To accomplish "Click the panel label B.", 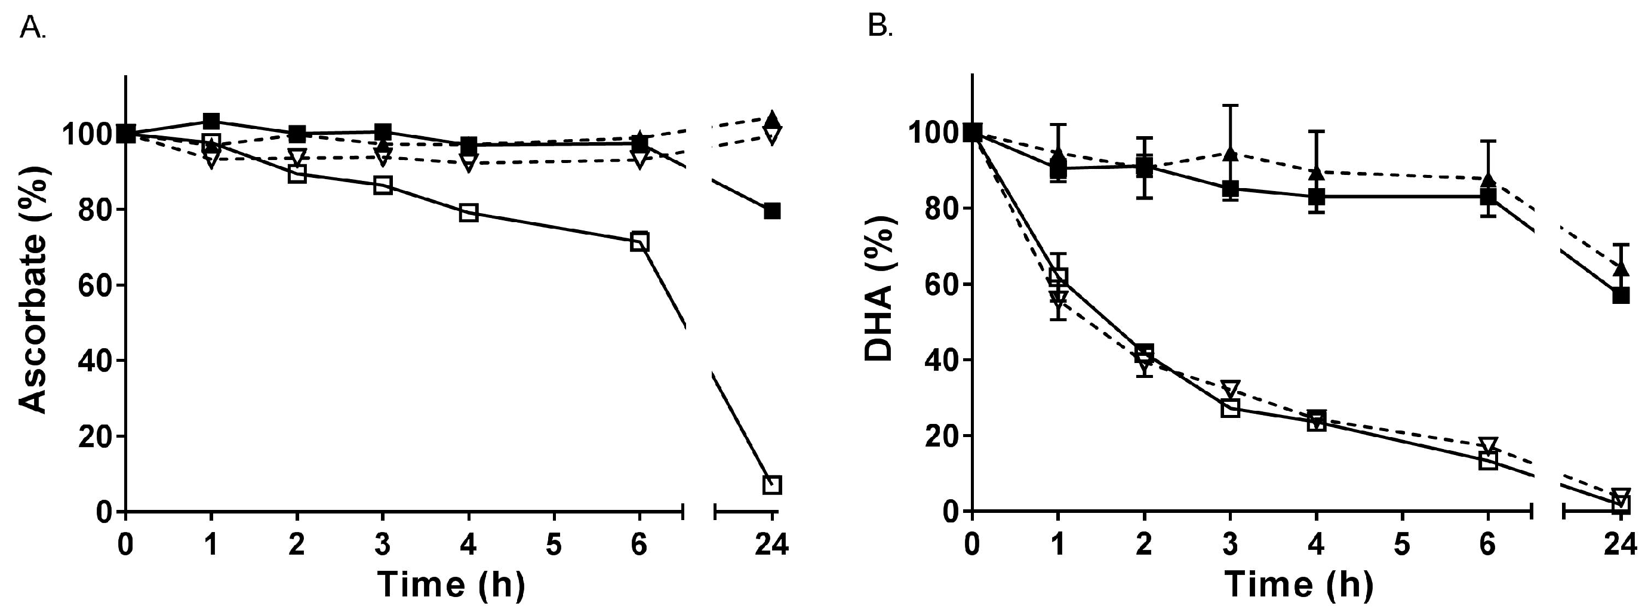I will point(880,27).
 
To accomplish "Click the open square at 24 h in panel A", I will point(772,485).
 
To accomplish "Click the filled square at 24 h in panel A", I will point(772,211).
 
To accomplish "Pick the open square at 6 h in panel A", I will point(639,242).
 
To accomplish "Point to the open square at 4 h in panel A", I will point(468,213).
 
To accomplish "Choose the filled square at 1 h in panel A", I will point(211,121).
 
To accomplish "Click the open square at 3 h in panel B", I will point(1229,408).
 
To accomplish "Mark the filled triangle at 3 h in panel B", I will point(1229,153).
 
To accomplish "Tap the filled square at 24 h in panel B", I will point(1621,296).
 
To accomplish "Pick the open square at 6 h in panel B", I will point(1488,461).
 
